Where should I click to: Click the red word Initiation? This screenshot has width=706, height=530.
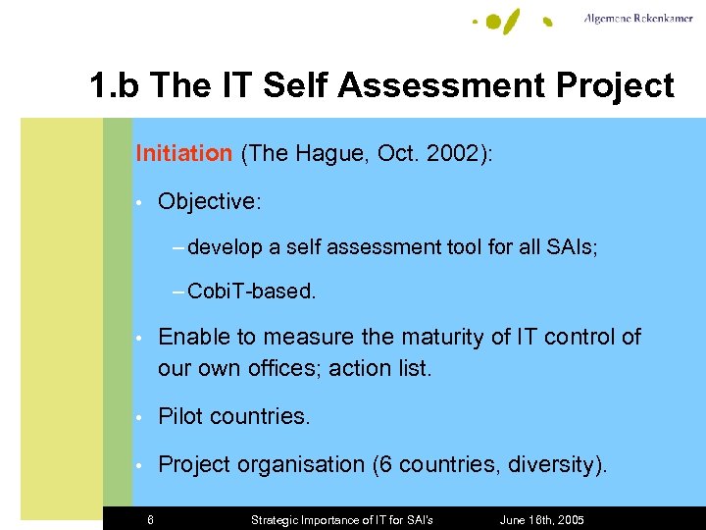[x=183, y=153]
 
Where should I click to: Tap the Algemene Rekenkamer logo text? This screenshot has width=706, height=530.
[x=637, y=19]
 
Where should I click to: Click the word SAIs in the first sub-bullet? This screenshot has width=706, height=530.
[x=572, y=247]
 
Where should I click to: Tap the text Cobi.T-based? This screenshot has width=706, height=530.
[x=251, y=291]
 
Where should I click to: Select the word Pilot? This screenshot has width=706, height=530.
[x=181, y=416]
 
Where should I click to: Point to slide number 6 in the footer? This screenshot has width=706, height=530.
[x=150, y=519]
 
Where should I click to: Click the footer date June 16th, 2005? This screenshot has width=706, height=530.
[x=541, y=519]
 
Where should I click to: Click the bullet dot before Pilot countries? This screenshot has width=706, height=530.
[x=141, y=417]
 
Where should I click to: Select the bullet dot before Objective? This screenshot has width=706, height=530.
[x=141, y=202]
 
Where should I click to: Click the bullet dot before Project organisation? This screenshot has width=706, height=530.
[x=141, y=465]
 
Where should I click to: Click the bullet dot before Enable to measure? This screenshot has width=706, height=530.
[x=141, y=338]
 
